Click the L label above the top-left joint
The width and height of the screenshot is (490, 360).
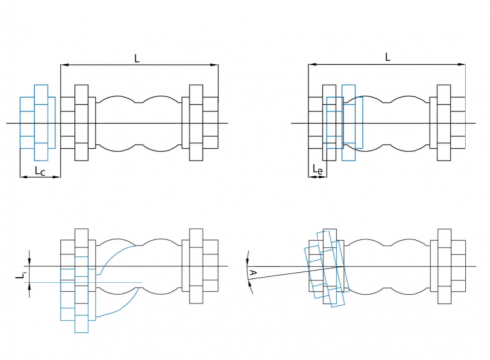coord(137,59)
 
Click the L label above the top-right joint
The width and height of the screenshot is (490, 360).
coord(388,57)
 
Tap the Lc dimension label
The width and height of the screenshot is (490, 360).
coord(40,171)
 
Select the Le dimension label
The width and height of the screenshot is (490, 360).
coord(318,170)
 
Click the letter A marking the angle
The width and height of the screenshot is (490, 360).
coord(253,273)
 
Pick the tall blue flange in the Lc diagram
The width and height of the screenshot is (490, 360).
coord(41,123)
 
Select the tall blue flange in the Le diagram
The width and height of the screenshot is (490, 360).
coord(349,123)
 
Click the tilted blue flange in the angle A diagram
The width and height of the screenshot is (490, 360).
coord(330,269)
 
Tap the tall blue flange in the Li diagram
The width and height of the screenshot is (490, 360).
coord(81,294)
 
